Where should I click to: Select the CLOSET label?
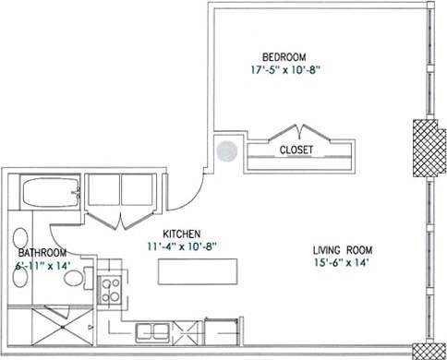(296, 150)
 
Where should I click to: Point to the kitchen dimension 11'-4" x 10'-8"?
(176, 247)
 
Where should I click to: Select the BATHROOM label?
(41, 253)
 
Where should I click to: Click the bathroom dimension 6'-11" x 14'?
(42, 266)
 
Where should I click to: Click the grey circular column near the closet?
(224, 150)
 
